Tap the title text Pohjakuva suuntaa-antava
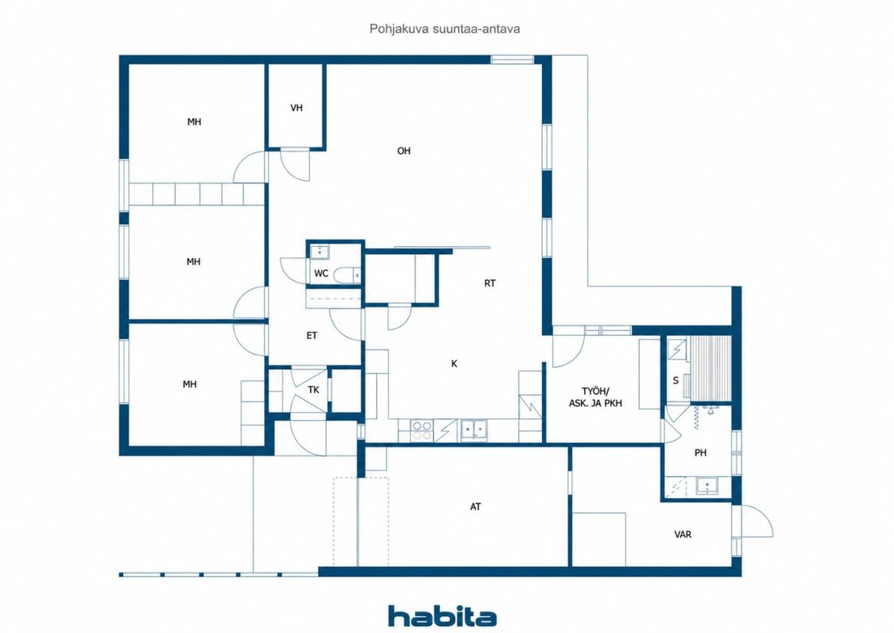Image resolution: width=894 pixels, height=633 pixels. point(445,29)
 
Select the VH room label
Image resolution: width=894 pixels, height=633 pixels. point(297,108)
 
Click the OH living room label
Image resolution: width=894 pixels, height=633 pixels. point(404,151)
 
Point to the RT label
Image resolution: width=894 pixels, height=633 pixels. point(490,283)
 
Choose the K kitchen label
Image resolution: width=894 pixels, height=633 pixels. point(454,363)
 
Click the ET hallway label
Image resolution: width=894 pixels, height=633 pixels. point(312,335)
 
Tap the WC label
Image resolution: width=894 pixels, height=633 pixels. point(321,273)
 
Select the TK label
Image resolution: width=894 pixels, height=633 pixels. point(314,390)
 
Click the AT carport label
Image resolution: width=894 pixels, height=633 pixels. point(476,507)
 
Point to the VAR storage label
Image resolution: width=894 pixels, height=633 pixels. point(683,534)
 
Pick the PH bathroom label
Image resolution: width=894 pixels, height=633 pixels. point(701,453)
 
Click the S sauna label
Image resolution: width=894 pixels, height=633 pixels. point(675,380)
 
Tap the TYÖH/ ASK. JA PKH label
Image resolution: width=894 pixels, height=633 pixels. point(596,397)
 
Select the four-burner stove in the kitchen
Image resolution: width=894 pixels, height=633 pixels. point(422,430)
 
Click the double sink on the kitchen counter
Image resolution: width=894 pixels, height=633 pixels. point(474,430)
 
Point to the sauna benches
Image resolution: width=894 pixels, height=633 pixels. point(711,368)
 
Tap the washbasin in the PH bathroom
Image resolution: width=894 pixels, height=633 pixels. point(707,486)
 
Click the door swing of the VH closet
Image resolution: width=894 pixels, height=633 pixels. point(295,164)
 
